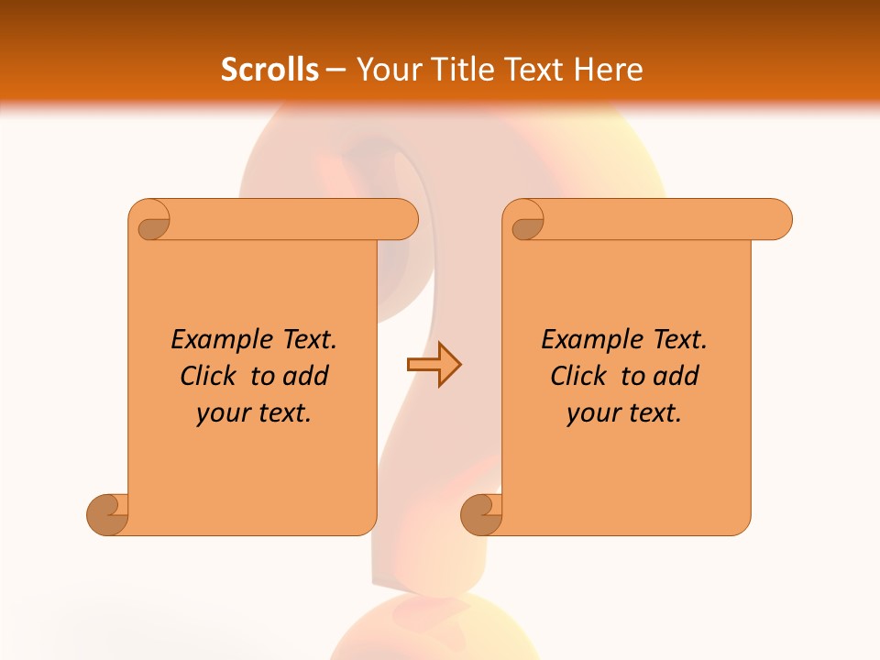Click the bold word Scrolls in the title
tap(270, 69)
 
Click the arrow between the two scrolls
tap(434, 365)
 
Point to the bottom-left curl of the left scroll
tap(107, 514)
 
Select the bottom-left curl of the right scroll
tap(481, 514)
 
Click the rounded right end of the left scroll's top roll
tap(404, 220)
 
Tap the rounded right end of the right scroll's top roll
tap(778, 220)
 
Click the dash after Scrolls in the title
tap(336, 70)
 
